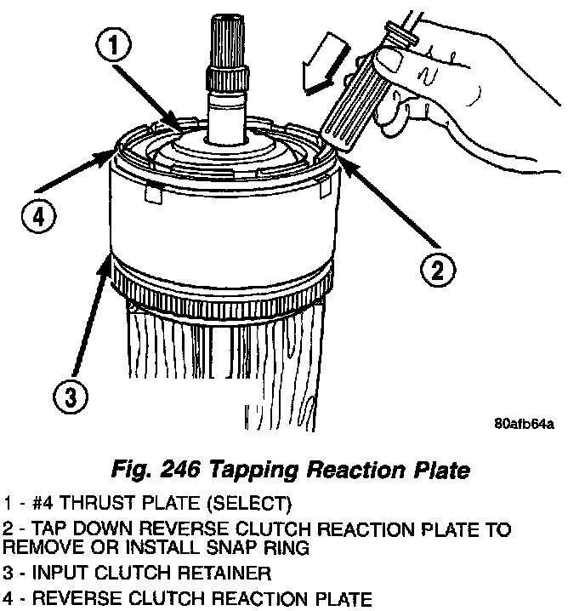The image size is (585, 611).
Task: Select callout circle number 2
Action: [434, 271]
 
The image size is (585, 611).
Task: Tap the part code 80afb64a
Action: [523, 424]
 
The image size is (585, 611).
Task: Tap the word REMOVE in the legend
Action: [38, 548]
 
